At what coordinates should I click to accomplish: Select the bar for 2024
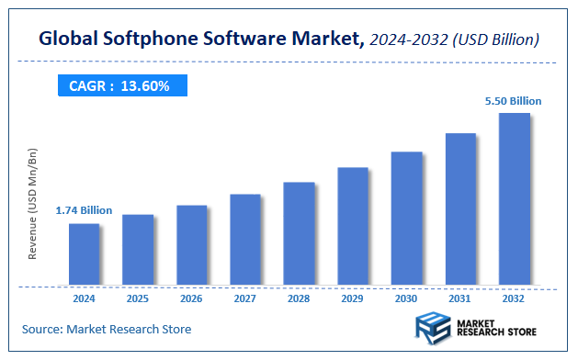[84, 254]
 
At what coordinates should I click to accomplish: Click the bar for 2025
[138, 250]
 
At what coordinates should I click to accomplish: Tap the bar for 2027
[245, 240]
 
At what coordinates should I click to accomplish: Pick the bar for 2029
[352, 226]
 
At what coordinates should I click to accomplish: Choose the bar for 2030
[406, 219]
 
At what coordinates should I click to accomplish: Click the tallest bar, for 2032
[514, 199]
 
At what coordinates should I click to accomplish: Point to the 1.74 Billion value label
[84, 210]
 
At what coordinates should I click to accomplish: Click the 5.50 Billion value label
[514, 100]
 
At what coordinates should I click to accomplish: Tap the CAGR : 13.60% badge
[119, 86]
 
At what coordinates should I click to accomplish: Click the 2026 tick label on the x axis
[191, 298]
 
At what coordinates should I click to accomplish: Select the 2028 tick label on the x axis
[299, 298]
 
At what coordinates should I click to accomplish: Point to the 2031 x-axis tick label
[459, 298]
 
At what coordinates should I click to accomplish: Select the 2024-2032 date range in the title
[411, 39]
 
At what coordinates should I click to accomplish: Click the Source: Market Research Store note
[107, 329]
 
